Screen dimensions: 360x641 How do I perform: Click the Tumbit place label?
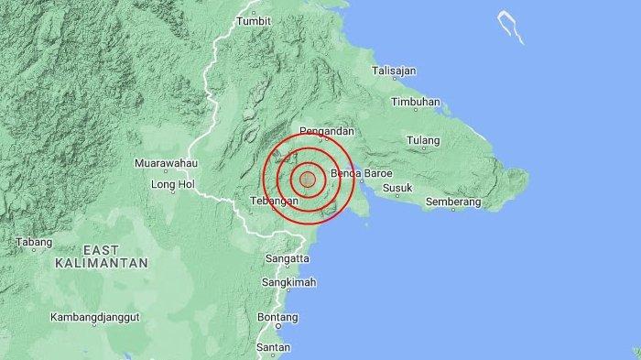pos(254,20)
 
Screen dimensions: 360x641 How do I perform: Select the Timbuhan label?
pos(415,102)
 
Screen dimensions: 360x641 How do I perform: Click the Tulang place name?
pos(424,141)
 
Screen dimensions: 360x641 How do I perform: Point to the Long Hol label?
pos(173,185)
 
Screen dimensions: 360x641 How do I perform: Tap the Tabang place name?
pos(34,243)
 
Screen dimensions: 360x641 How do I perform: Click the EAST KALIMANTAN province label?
pos(102,256)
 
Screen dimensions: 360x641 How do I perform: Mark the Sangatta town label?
pos(287,260)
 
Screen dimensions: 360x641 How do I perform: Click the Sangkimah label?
pos(290,283)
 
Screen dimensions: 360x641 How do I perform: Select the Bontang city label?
pos(278,317)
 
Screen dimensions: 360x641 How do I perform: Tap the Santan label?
pos(274,347)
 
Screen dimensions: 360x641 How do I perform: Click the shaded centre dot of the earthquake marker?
pos(308,180)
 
